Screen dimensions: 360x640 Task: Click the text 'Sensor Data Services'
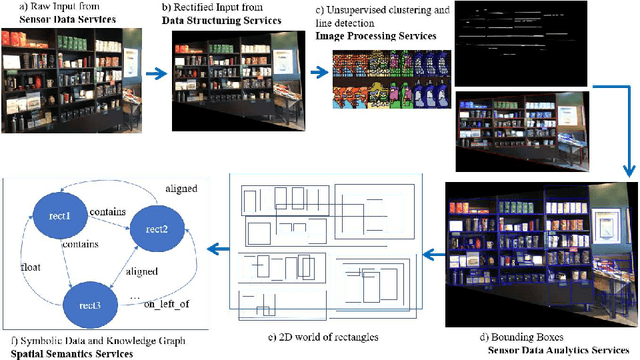point(62,19)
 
